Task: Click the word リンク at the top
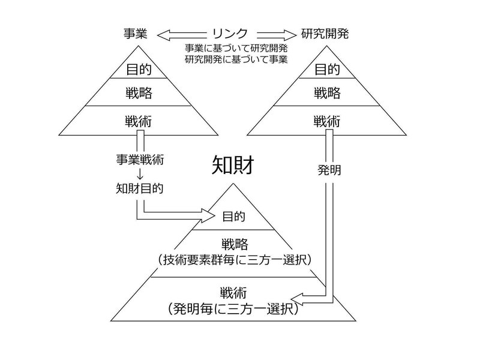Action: (x=230, y=34)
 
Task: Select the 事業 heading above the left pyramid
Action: (x=136, y=34)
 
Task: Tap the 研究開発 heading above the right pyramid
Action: (x=325, y=34)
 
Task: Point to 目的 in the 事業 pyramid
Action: (x=139, y=70)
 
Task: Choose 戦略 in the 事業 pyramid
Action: (x=139, y=93)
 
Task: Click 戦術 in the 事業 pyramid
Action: (x=139, y=122)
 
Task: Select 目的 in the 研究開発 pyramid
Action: (x=327, y=70)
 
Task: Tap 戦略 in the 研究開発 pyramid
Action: (x=327, y=93)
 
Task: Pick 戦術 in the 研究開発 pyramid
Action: (x=326, y=122)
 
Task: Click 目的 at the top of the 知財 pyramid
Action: (x=233, y=217)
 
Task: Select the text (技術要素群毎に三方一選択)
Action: (x=235, y=260)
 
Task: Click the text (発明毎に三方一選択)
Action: (x=233, y=309)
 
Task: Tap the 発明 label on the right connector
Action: (x=329, y=170)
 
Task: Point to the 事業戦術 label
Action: (x=140, y=160)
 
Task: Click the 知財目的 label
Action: (x=140, y=188)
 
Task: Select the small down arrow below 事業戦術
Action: (x=140, y=174)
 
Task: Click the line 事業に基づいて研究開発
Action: (x=236, y=49)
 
